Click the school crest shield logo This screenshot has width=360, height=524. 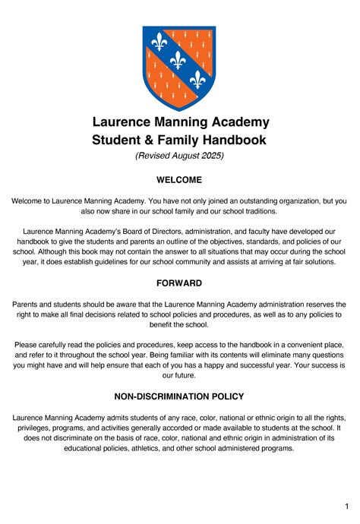click(179, 68)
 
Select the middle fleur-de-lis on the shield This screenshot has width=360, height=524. click(178, 60)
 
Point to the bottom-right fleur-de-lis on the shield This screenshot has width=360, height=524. click(199, 79)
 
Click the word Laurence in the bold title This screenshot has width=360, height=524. click(125, 122)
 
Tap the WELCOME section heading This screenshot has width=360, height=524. click(179, 180)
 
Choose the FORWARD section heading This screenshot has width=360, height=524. click(179, 283)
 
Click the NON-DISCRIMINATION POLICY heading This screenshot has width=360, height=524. click(179, 396)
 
